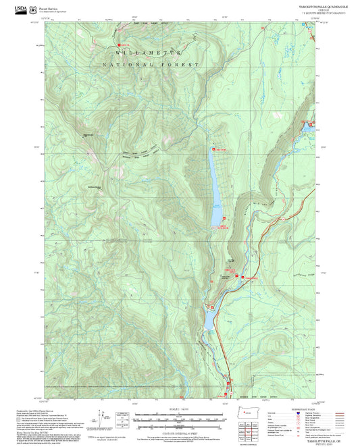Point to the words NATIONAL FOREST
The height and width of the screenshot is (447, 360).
click(151, 64)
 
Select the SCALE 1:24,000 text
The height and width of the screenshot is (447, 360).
click(180, 409)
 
